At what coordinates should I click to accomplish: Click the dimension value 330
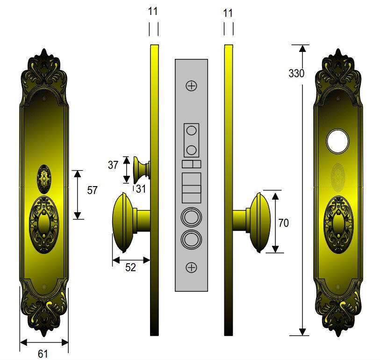click(296, 73)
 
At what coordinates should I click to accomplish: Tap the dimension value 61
click(43, 353)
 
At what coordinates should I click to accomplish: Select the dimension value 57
click(93, 190)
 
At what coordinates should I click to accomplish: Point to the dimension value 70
click(283, 223)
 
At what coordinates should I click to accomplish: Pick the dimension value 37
click(113, 165)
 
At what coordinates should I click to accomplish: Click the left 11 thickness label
click(153, 13)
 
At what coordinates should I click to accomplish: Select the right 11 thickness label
click(228, 13)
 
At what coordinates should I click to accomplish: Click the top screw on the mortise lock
click(191, 86)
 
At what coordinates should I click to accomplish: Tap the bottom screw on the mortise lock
click(191, 267)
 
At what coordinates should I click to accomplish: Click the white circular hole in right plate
click(337, 142)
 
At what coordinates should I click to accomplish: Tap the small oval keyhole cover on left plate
click(44, 178)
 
